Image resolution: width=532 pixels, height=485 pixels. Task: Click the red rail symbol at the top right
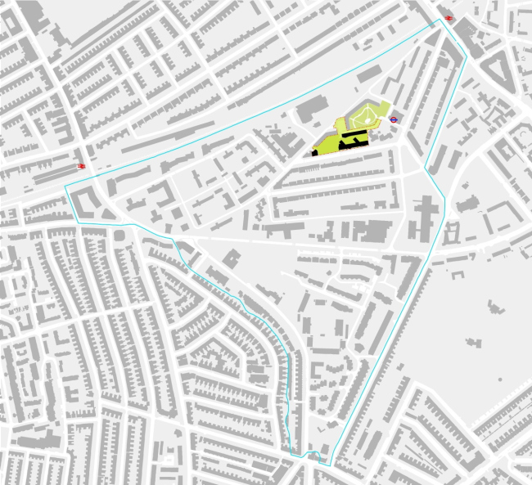click(447, 20)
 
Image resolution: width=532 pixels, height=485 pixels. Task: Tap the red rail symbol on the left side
click(82, 166)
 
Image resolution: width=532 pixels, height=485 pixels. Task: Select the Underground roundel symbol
click(394, 118)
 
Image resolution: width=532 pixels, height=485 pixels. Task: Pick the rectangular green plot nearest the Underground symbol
click(382, 122)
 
